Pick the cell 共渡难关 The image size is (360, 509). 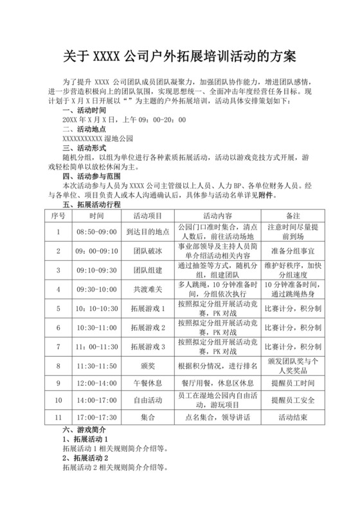click(147, 289)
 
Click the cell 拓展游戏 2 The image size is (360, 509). click(147, 328)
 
